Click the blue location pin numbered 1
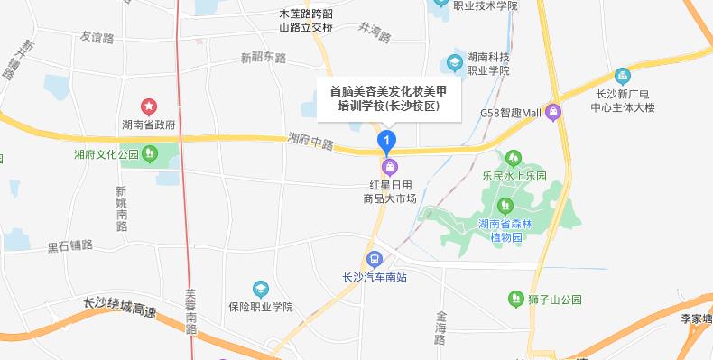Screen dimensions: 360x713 click(x=387, y=142)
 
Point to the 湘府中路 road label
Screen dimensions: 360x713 click(x=311, y=143)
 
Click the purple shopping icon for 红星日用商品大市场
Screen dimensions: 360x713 click(x=389, y=166)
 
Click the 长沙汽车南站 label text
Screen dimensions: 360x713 click(x=375, y=277)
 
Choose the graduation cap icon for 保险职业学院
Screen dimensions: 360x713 click(x=261, y=290)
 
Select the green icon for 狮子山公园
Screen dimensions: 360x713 click(x=515, y=296)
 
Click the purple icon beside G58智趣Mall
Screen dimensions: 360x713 click(x=553, y=113)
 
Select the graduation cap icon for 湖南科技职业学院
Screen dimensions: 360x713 click(x=455, y=62)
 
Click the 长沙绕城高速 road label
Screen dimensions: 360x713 click(x=119, y=308)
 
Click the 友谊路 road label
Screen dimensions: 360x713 click(x=97, y=38)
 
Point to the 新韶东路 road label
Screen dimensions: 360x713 click(x=263, y=58)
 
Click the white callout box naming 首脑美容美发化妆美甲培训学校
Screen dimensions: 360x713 click(x=387, y=98)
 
